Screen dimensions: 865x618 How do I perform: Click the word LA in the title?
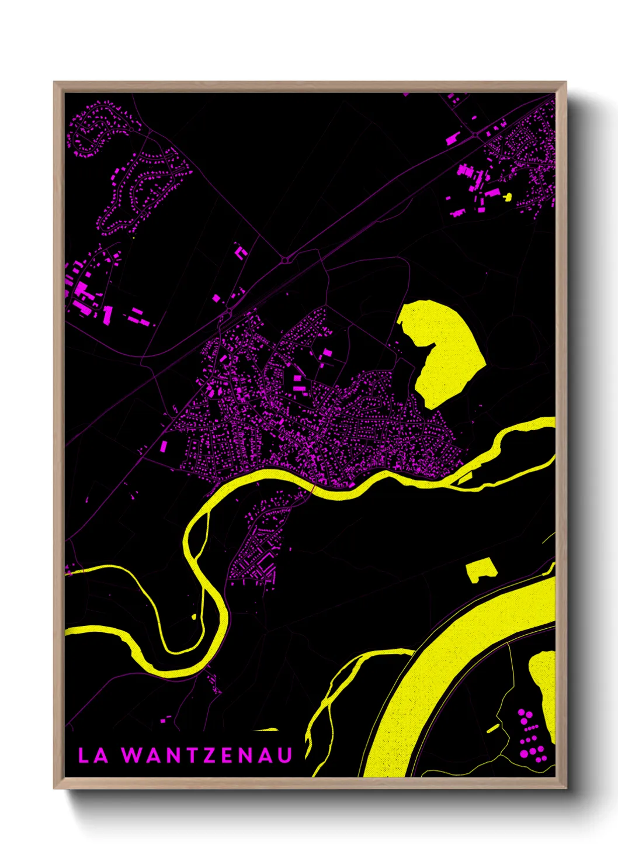(x=93, y=755)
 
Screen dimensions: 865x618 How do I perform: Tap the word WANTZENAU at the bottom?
(x=207, y=755)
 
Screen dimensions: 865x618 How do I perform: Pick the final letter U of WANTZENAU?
(x=284, y=755)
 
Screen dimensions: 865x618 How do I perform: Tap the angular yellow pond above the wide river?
(x=480, y=569)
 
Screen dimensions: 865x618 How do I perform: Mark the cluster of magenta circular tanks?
(x=530, y=735)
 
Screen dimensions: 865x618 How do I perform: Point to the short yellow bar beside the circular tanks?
(x=493, y=728)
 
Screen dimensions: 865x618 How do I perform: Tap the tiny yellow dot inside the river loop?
(x=194, y=616)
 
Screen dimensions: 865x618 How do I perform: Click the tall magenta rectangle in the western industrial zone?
(x=107, y=314)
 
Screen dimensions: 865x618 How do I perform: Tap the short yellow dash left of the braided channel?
(x=266, y=729)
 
